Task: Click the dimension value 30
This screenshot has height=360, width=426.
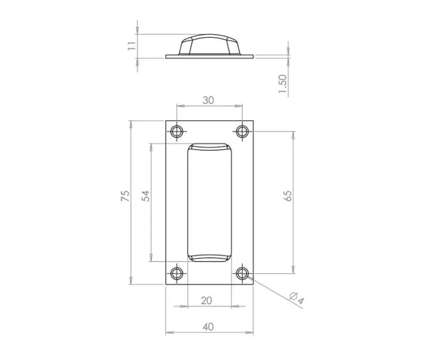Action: point(208,100)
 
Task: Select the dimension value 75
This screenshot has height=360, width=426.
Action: point(125,196)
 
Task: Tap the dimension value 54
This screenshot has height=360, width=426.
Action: point(145,196)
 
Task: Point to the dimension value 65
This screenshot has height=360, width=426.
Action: point(288,196)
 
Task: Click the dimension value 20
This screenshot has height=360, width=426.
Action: point(207,300)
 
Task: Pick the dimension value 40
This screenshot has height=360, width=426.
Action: point(208,327)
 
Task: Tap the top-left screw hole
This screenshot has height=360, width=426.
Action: point(177,131)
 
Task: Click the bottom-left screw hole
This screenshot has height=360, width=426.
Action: point(177,272)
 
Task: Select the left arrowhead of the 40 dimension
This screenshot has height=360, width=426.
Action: point(169,333)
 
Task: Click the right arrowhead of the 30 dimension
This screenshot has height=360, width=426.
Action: point(240,107)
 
